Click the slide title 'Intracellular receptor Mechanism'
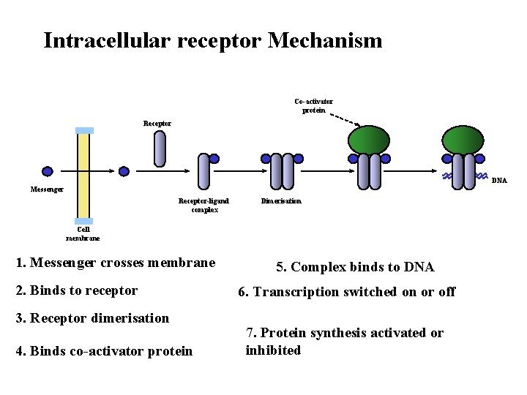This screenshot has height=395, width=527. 212,39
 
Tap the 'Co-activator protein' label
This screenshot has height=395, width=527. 313,106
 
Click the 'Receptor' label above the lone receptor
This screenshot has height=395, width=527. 157,124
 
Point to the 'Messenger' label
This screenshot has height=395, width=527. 47,189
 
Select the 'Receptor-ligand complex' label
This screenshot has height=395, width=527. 204,205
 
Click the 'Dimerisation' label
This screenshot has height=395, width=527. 280,200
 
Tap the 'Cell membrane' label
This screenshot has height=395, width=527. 83,233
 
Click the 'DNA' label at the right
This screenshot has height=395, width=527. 498,180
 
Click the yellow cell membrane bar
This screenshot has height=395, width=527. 84,176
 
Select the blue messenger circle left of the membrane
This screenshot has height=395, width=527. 48,172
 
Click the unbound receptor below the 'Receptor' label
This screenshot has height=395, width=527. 160,149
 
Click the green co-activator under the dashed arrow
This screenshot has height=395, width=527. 369,140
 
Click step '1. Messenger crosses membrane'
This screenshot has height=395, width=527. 116,263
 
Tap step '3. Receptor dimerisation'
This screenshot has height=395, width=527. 92,318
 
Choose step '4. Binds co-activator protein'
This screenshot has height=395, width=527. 104,351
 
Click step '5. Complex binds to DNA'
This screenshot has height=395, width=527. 355,267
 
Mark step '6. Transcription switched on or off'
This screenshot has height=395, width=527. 347,292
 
